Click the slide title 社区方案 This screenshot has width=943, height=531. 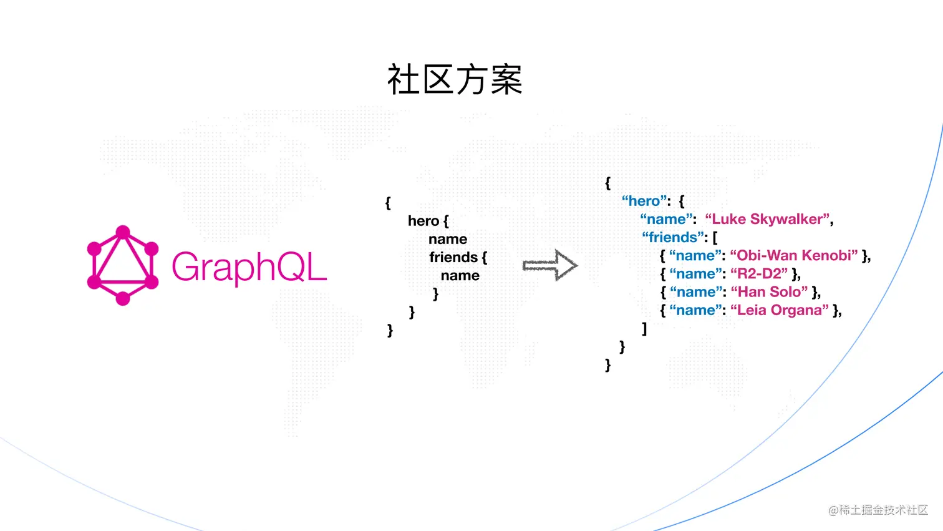pos(455,80)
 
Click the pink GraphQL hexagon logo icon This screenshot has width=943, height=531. pos(123,266)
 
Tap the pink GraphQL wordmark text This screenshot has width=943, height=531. pos(249,267)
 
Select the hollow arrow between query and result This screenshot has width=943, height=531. pos(549,266)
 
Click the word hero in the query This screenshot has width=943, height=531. pos(423,221)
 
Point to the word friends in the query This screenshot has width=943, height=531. pos(453,257)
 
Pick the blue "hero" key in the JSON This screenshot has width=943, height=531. pos(645,201)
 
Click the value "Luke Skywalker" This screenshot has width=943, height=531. pos(768,219)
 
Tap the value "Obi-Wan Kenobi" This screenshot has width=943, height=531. pos(793,255)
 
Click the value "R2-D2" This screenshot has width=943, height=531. pos(759,273)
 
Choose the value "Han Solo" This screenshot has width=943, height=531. pos(769,292)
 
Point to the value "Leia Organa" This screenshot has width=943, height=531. pos(780,310)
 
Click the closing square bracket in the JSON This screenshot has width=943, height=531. pos(644,328)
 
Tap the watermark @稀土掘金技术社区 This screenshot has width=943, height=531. pos(878,510)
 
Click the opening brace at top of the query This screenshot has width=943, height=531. pos(388,203)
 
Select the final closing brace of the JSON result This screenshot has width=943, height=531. pos(608,364)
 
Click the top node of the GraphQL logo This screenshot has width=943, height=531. pos(123,233)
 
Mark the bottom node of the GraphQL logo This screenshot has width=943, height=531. pos(123,299)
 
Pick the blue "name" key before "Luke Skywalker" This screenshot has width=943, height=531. pos(667,219)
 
